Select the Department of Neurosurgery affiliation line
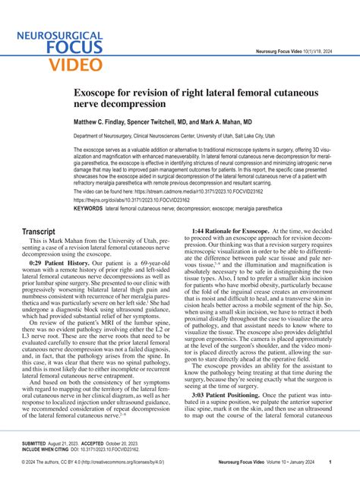pos(174,137)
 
